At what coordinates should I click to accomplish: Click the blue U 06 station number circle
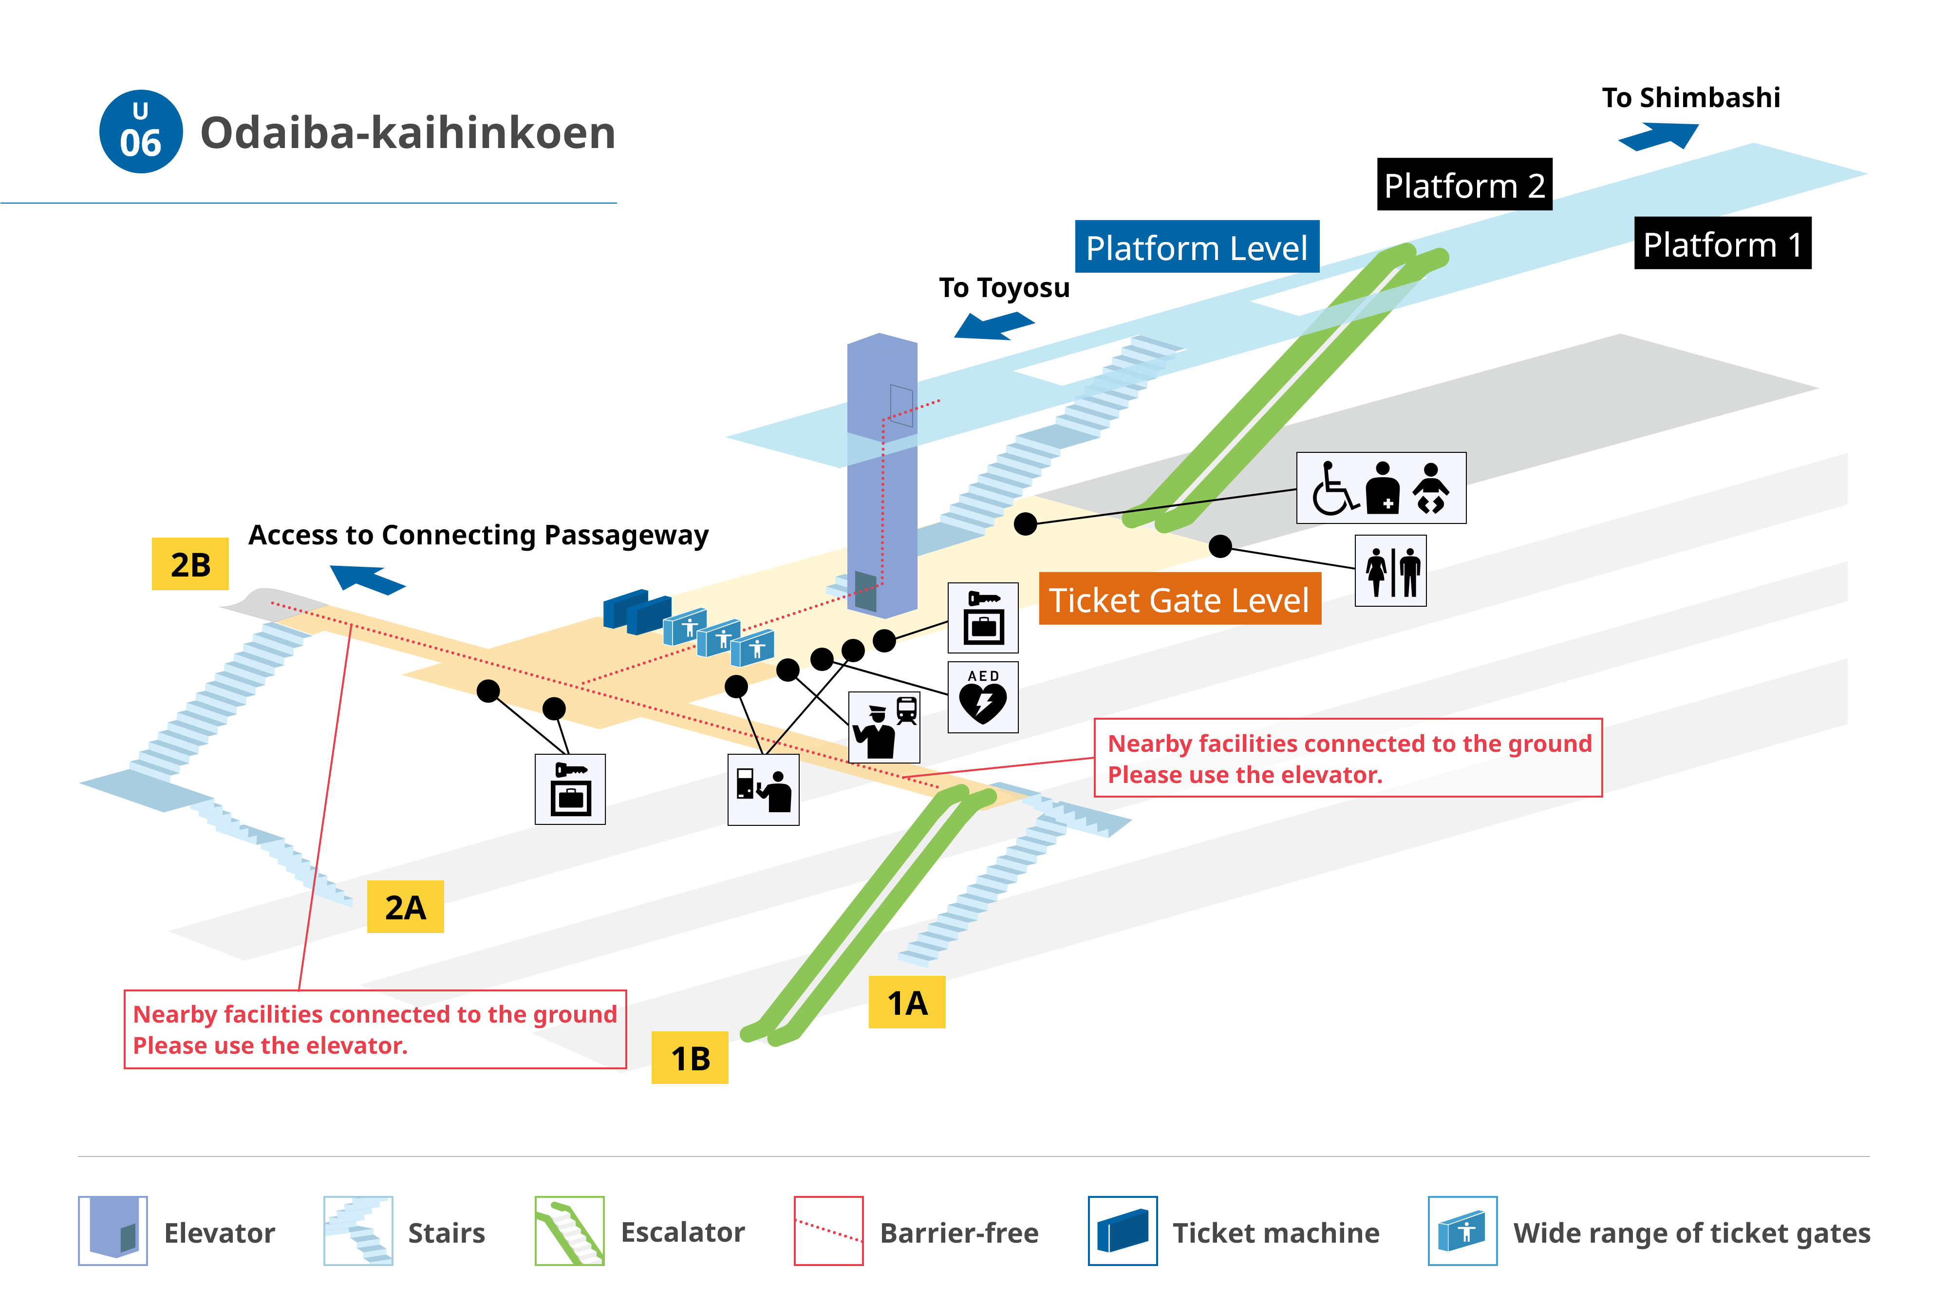click(x=141, y=131)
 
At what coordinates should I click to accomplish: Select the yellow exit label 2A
click(x=405, y=906)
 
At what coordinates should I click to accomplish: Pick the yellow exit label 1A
click(x=907, y=1002)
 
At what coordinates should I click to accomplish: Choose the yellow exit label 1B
click(x=690, y=1058)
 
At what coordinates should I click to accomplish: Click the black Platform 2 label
click(x=1464, y=184)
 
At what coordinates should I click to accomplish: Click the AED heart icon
click(x=983, y=697)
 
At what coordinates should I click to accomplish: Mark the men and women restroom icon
click(x=1390, y=571)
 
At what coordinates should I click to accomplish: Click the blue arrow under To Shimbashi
click(x=1658, y=136)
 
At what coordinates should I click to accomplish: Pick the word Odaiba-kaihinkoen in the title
click(x=408, y=132)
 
